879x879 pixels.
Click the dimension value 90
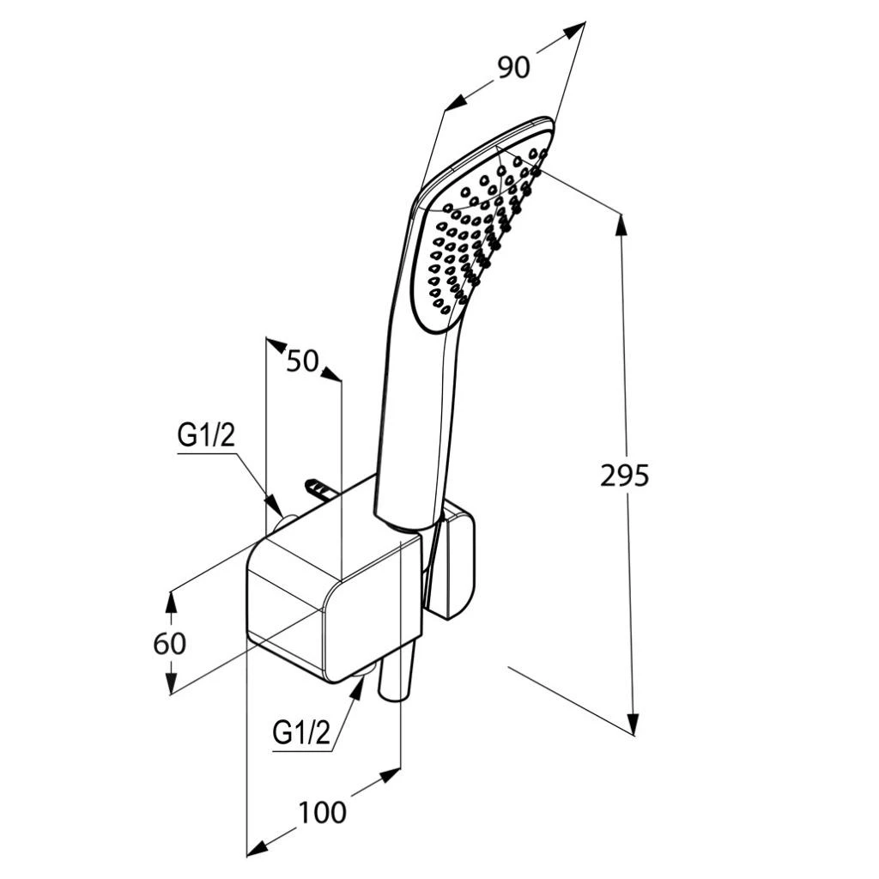(513, 68)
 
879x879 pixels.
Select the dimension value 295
(625, 476)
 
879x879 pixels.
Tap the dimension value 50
(302, 361)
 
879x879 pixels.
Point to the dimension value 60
(169, 644)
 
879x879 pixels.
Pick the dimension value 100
(323, 813)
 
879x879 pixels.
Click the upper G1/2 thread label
(206, 435)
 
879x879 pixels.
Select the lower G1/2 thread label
(301, 733)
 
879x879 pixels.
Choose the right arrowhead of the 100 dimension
(389, 775)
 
